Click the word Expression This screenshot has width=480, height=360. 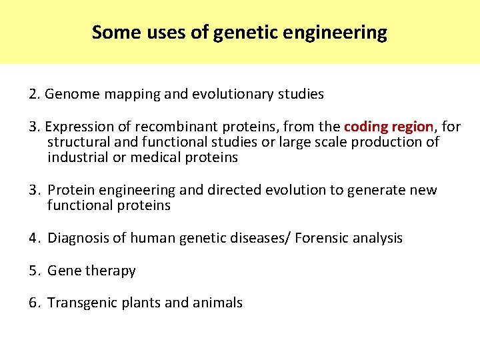(79, 127)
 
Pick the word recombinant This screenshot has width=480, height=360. (164, 127)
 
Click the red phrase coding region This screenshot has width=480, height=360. (389, 127)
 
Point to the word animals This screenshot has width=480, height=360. (217, 303)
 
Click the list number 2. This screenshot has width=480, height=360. (33, 94)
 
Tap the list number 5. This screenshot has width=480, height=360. (33, 271)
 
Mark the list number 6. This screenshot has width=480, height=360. (33, 303)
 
